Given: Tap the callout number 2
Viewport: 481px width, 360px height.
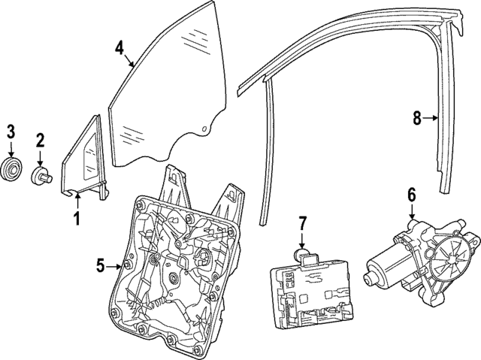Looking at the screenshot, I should coord(41,139).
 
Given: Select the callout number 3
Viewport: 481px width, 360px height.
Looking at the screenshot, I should coord(11,131).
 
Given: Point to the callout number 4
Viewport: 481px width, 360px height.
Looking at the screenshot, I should coord(119,47).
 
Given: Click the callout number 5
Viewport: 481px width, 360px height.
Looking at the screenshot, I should coord(101,265).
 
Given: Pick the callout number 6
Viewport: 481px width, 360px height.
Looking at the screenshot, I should coord(411,195).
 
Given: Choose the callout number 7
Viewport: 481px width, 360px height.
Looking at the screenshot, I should coord(302,222).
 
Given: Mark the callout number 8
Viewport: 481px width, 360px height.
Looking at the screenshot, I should coord(417,117).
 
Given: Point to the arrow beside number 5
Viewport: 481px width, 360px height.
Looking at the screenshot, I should coord(116,265).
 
